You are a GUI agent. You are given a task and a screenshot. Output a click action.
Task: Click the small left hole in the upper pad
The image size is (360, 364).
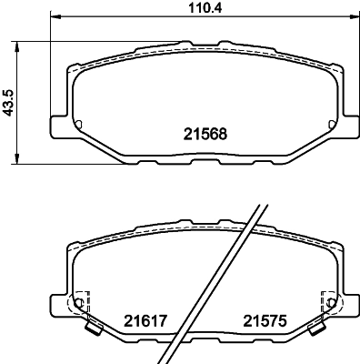[x=79, y=125]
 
